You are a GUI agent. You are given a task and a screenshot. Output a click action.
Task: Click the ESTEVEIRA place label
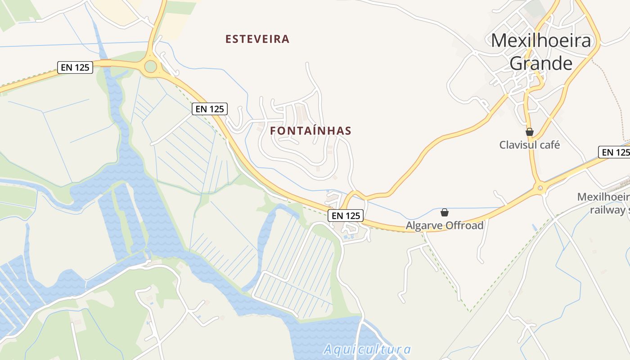257,39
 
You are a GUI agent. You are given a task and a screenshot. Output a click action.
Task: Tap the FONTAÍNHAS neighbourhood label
310,131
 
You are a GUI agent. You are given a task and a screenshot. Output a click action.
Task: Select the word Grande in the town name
541,63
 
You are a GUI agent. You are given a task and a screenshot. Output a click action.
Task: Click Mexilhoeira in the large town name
540,41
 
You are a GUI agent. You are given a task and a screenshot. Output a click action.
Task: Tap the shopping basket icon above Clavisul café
530,132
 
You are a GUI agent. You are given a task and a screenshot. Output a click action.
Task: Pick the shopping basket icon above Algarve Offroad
445,212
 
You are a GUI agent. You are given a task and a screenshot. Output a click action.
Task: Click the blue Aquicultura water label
367,349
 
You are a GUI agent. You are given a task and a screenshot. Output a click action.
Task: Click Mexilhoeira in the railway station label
603,197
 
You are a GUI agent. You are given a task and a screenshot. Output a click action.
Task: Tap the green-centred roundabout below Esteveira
151,67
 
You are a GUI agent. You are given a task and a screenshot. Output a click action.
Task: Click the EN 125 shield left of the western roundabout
75,67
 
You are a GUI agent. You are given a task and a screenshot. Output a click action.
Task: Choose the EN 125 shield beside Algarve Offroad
346,216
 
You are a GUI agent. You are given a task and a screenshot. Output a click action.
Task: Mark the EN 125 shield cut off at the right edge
615,152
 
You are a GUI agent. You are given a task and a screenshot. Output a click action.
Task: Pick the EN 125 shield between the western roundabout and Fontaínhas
210,109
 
